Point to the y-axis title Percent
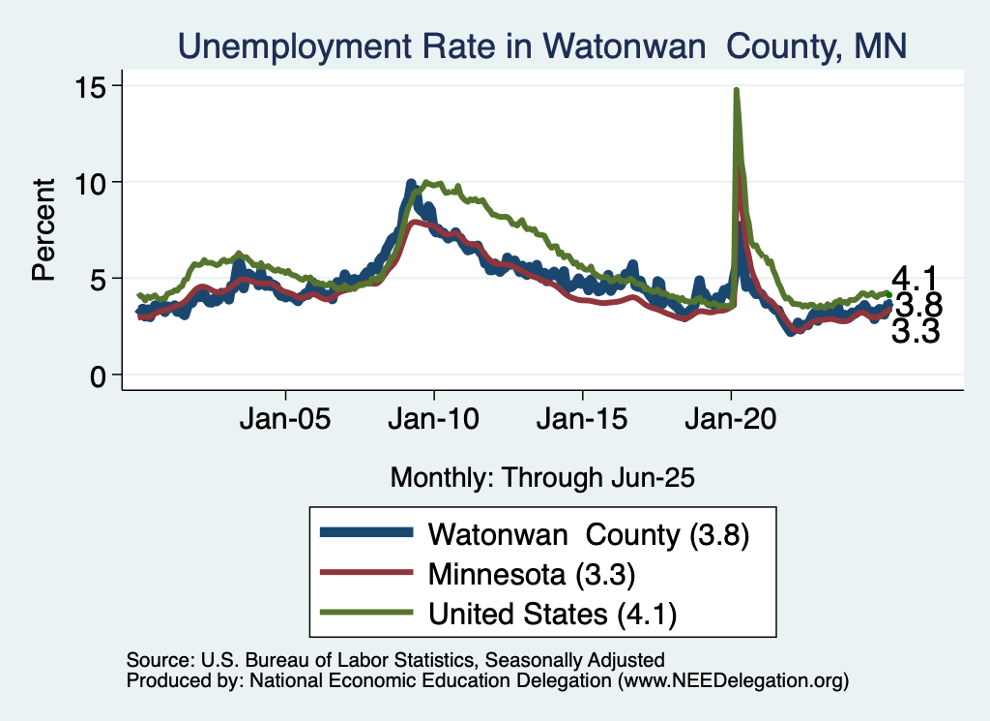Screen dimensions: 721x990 click(44, 229)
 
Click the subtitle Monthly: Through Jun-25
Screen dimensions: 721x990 click(542, 476)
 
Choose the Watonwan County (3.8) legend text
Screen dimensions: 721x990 click(590, 533)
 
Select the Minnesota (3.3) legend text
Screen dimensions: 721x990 click(531, 574)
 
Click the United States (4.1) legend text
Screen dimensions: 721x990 click(553, 614)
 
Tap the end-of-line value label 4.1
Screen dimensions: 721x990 click(914, 278)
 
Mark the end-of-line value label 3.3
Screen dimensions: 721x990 click(915, 333)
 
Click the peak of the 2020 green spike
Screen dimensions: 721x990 click(737, 90)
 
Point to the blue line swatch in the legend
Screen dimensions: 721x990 click(367, 532)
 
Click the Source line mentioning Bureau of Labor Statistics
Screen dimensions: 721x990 click(395, 660)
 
